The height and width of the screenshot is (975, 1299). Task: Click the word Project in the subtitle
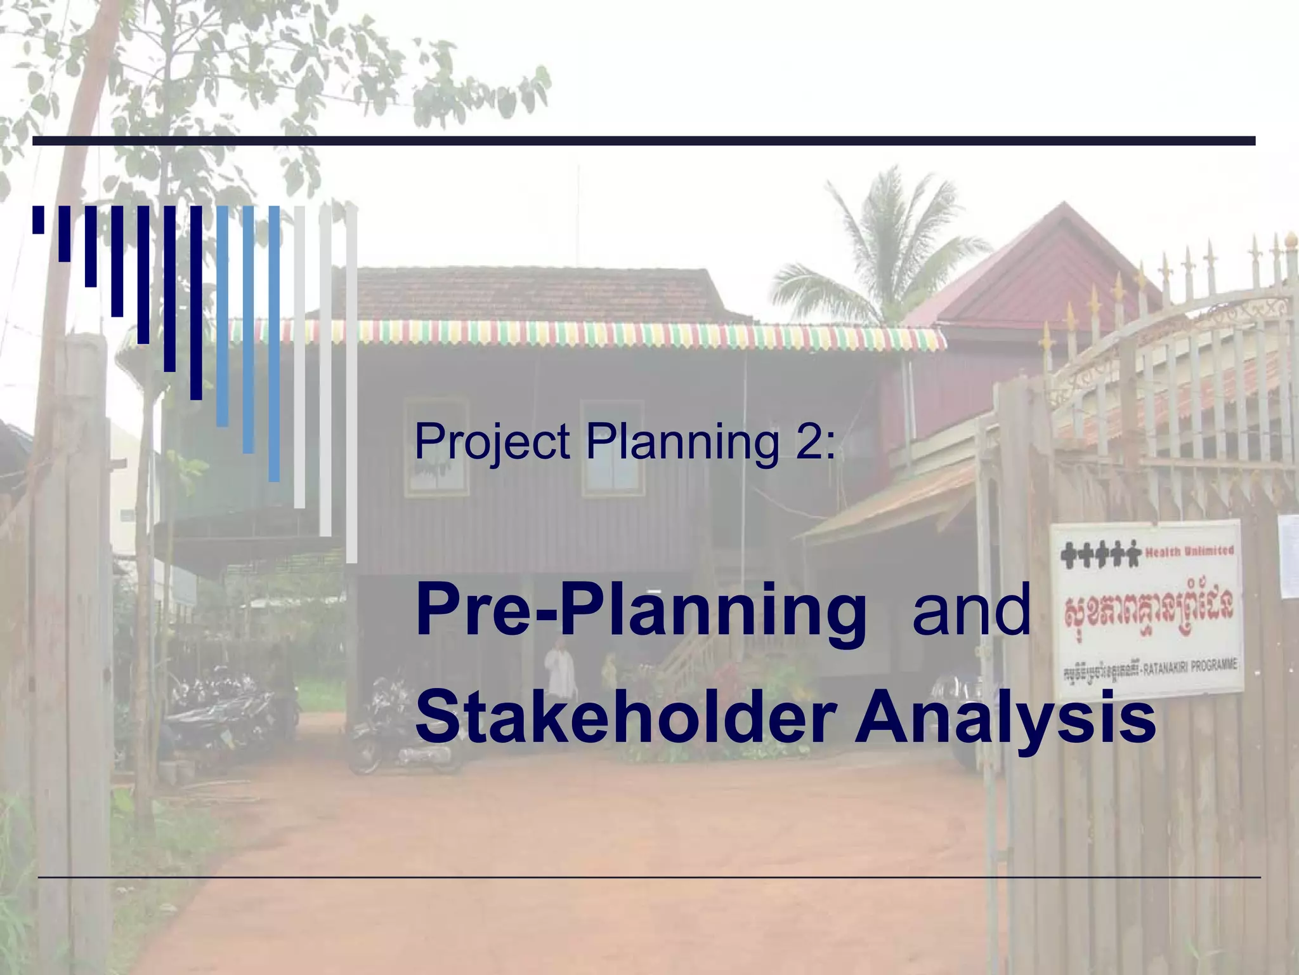[492, 442]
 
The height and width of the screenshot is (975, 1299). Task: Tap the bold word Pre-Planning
[641, 611]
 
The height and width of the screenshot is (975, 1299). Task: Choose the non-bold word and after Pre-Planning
[971, 610]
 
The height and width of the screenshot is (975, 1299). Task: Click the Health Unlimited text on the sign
[1189, 550]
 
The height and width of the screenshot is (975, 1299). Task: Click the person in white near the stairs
[559, 670]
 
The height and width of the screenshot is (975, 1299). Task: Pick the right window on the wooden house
[612, 448]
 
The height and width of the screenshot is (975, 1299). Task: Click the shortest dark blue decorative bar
[39, 220]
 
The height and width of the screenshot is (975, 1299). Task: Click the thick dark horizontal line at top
[644, 141]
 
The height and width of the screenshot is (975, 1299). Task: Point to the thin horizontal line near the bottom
[649, 877]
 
